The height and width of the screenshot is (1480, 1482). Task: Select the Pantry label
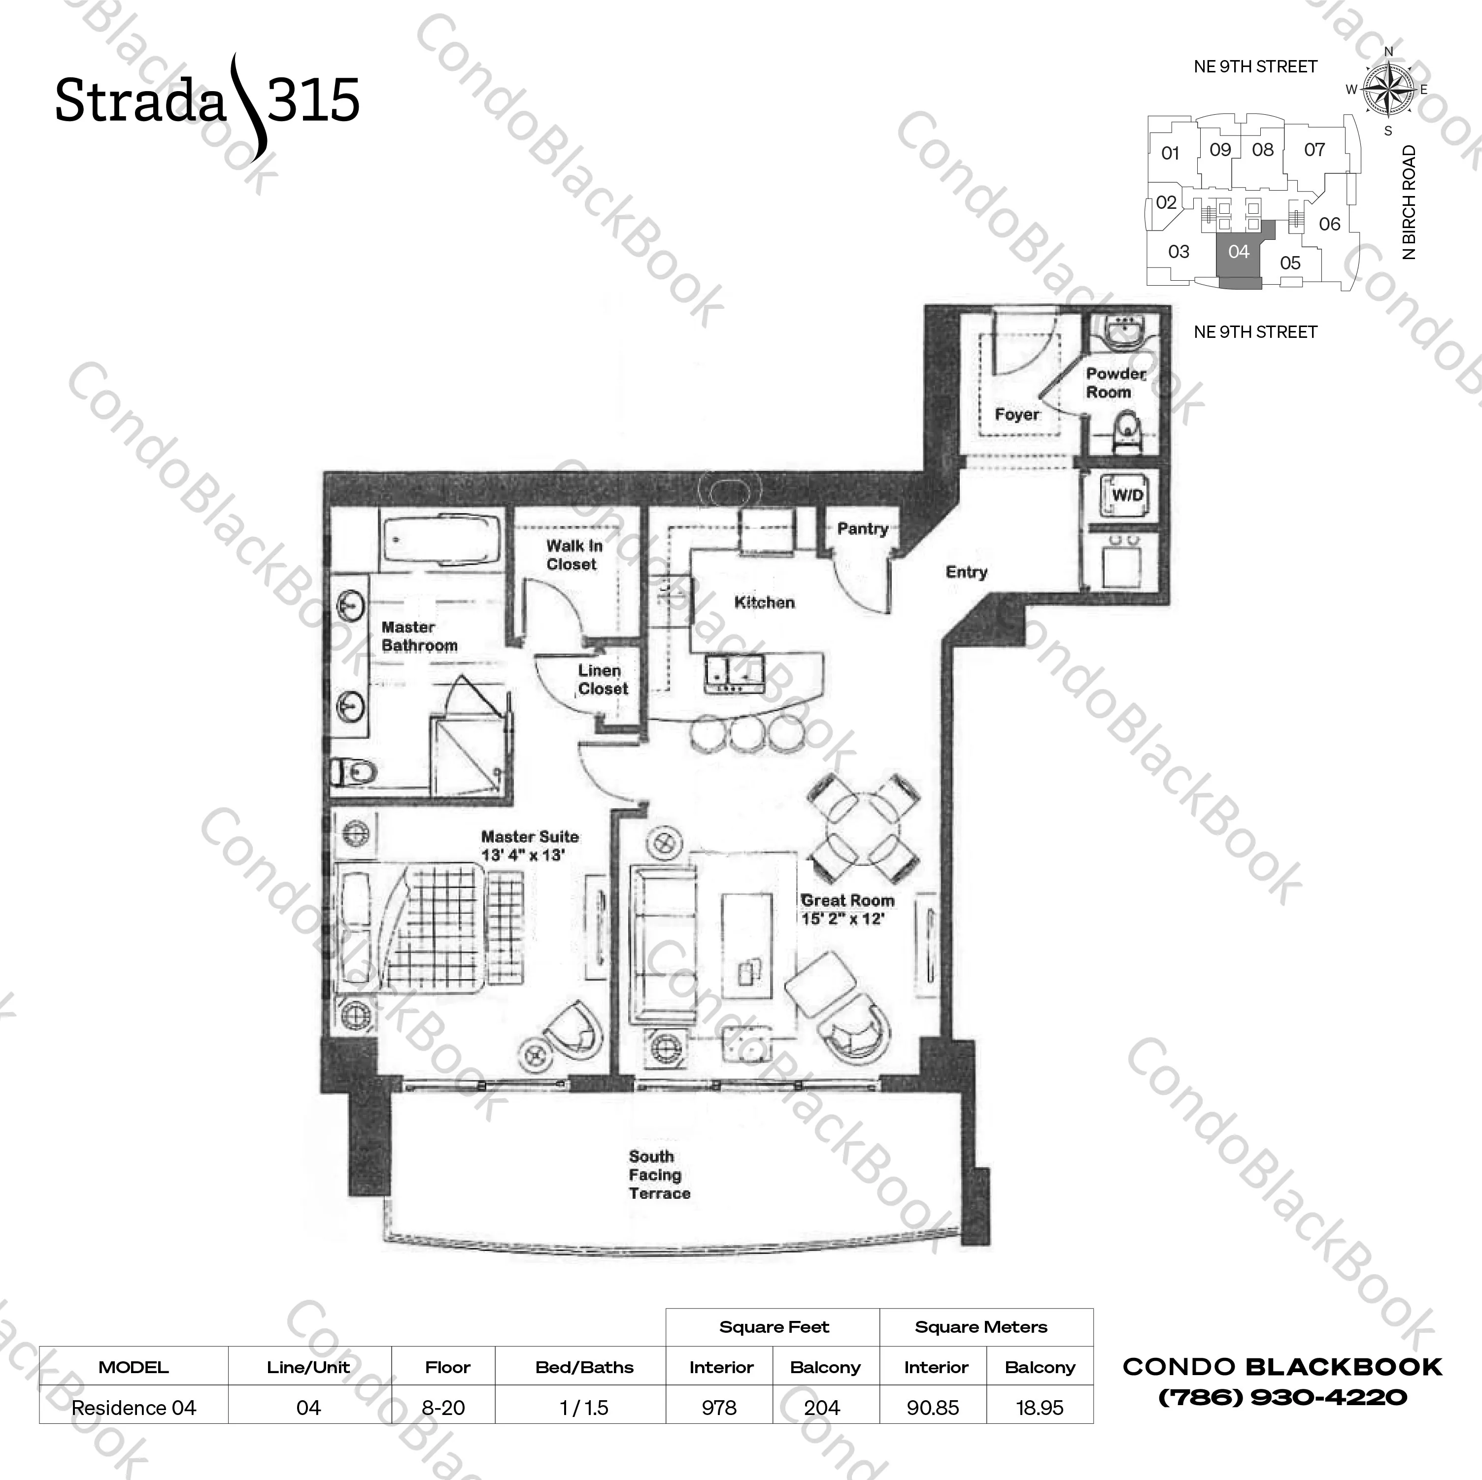tap(862, 528)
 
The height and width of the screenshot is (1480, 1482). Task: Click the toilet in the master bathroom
tap(354, 771)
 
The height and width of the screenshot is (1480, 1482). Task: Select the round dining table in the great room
tap(864, 828)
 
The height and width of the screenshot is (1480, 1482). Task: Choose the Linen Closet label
tap(602, 679)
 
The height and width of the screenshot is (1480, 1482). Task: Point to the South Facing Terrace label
tap(658, 1174)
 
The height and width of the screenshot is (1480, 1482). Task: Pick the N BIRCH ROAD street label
tap(1409, 202)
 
